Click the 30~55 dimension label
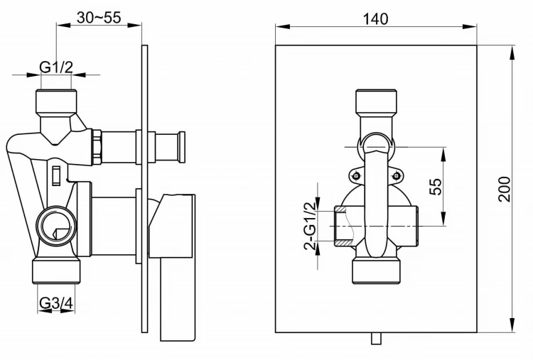coord(98,18)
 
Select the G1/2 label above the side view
coord(56,67)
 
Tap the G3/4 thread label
coord(56,303)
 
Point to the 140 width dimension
coord(375,19)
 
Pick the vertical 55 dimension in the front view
coord(436,186)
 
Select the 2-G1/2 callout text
coord(310,225)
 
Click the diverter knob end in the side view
coord(181,147)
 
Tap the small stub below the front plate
coord(375,339)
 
